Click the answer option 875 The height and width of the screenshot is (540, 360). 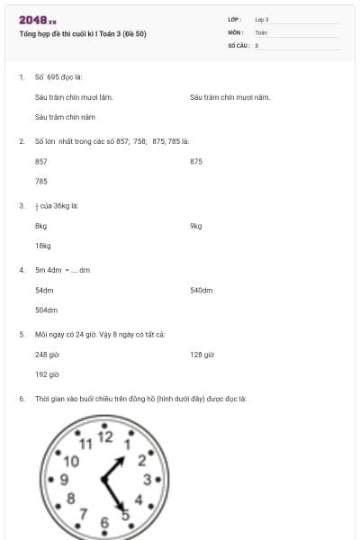coord(196,161)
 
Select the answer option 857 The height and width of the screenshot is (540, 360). coord(41,161)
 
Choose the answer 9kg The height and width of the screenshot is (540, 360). coord(196,226)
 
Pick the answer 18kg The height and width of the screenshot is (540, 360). coord(42,246)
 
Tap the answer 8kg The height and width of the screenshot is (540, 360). coord(40,226)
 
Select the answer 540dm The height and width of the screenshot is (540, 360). coord(201,291)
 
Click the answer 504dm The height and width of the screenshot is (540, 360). coord(46,310)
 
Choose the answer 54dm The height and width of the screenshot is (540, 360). coord(44,291)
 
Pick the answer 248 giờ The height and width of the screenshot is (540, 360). coord(47,355)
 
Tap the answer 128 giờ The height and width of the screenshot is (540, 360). coord(202,355)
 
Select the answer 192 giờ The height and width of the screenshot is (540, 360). coord(47,374)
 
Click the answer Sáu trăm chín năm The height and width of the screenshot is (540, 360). coord(65,116)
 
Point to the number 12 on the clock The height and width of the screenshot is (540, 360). coord(105,437)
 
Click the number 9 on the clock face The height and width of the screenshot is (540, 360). coord(65,478)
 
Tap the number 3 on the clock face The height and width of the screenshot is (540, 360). coord(147,479)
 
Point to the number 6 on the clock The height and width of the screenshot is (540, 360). coord(104,521)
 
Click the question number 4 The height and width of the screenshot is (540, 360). coord(22,270)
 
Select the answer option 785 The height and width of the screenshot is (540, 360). coord(41,181)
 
